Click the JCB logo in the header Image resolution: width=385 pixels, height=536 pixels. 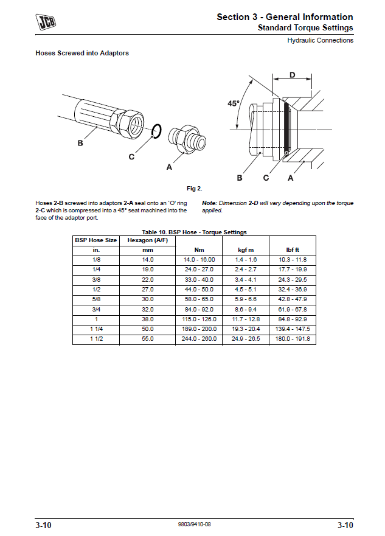pos(46,23)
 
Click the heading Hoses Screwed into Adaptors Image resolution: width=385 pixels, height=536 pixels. pos(82,54)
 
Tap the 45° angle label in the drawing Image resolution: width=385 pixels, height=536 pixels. pos(234,103)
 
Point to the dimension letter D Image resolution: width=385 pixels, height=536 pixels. pos(292,75)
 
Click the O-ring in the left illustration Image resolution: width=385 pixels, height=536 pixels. pos(156,130)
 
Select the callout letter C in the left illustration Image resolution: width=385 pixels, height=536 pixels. pos(131,157)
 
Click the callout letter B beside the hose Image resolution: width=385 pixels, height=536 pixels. pos(80,144)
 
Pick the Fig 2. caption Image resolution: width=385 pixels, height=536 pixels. pos(194,188)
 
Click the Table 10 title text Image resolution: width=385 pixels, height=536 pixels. pos(194,232)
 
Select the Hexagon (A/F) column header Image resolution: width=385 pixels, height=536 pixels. pos(147,240)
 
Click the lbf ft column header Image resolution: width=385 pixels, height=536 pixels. pos(293,250)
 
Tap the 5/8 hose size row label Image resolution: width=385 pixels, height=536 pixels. pos(96,300)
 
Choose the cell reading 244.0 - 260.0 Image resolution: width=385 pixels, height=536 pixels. pos(200,339)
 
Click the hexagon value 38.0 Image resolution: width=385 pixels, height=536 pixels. pos(147,319)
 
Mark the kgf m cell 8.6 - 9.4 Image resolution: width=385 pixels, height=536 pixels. pos(246,310)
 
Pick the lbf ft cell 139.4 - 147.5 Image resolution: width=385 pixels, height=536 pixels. pos(293,329)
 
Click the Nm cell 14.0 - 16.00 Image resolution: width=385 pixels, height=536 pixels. pos(200,260)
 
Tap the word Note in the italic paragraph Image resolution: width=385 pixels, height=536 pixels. pos(209,203)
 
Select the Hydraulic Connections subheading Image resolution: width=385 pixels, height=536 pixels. pos(320,41)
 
